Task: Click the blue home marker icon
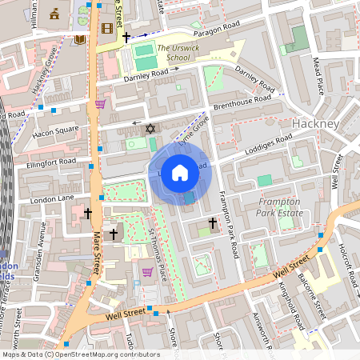pyautogui.click(x=180, y=173)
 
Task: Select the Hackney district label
pyautogui.click(x=317, y=124)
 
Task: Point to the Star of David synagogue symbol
pyautogui.click(x=148, y=128)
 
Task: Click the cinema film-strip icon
pyautogui.click(x=107, y=30)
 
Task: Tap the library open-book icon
pyautogui.click(x=80, y=39)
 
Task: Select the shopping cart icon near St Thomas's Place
pyautogui.click(x=147, y=272)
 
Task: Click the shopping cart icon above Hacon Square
pyautogui.click(x=100, y=103)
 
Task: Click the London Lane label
pyautogui.click(x=51, y=197)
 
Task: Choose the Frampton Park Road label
pyautogui.click(x=228, y=229)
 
